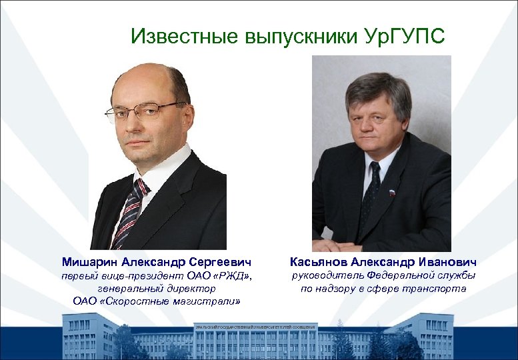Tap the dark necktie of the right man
(x=371, y=193)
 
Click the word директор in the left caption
(x=195, y=289)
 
